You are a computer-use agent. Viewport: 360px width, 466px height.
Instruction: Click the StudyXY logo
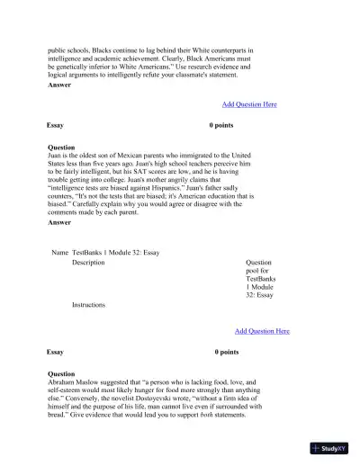pos(329,447)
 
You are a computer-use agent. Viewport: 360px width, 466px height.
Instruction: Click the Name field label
pos(60,252)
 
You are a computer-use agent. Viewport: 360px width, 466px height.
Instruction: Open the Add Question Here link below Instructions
pos(262,331)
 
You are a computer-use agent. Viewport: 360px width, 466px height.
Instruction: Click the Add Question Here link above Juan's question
pos(249,104)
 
